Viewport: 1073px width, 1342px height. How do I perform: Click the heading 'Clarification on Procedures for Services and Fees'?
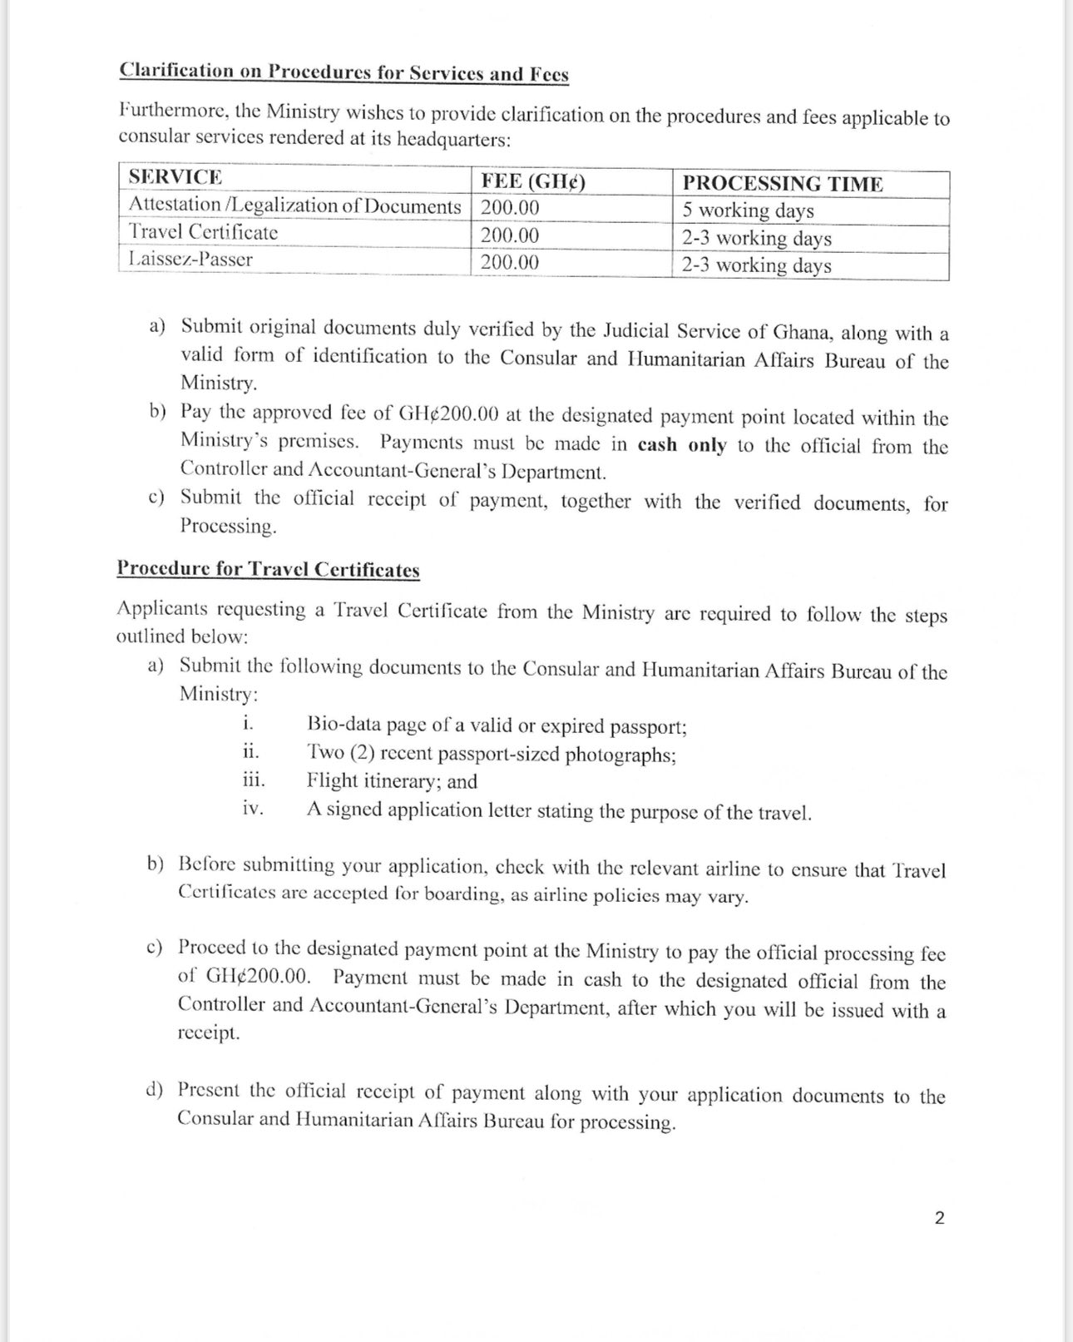click(x=344, y=72)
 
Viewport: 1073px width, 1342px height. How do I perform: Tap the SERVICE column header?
click(x=176, y=177)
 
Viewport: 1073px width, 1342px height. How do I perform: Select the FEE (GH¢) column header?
click(x=533, y=181)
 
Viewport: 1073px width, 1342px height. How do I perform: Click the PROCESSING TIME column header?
click(x=783, y=184)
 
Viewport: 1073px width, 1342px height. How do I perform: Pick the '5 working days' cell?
click(x=748, y=210)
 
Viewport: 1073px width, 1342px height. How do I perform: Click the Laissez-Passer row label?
click(x=190, y=260)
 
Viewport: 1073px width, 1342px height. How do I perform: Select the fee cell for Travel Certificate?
click(x=510, y=235)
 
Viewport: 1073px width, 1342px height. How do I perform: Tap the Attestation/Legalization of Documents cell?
click(x=294, y=206)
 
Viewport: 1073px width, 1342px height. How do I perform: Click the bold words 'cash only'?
click(x=682, y=445)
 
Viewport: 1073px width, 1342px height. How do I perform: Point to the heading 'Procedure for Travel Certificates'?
click(x=268, y=570)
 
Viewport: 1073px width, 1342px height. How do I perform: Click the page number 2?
click(x=940, y=1218)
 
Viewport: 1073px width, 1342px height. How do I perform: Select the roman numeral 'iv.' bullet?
click(x=253, y=808)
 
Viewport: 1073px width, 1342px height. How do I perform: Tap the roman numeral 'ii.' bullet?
click(x=251, y=751)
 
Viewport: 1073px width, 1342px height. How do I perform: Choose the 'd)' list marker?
click(x=155, y=1090)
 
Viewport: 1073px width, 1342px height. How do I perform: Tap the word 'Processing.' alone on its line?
click(x=228, y=527)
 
